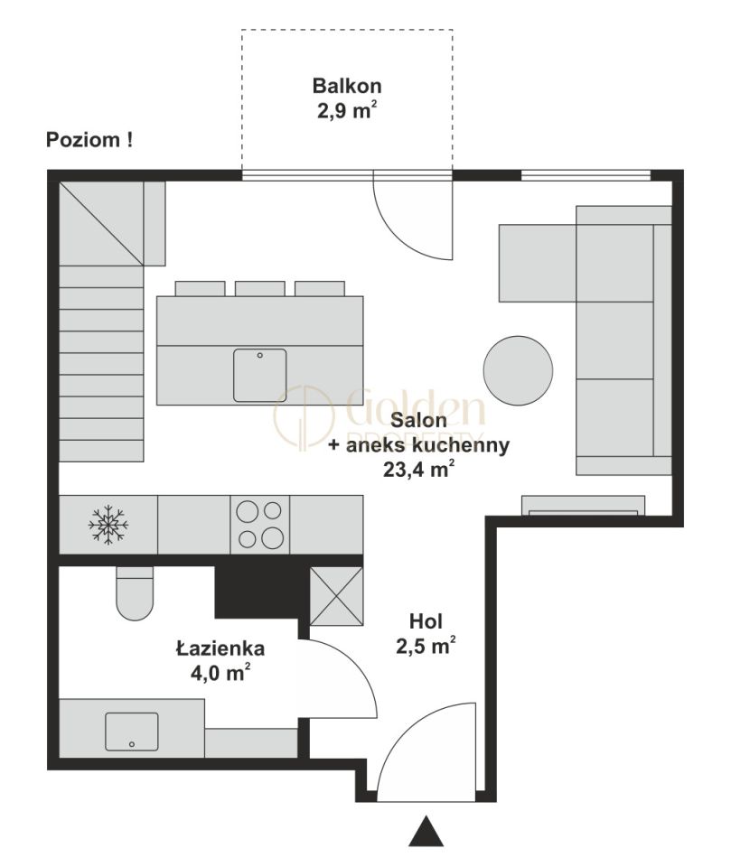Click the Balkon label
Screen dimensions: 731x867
point(347,87)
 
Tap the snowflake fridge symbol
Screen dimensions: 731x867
point(108,524)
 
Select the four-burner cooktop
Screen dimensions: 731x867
point(260,525)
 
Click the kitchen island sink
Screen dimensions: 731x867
point(260,375)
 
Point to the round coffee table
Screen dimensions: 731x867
point(518,370)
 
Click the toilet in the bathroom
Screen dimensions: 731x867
point(135,593)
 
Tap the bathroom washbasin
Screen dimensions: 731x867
point(132,731)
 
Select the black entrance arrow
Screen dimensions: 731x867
point(426,831)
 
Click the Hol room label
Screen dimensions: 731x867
point(426,621)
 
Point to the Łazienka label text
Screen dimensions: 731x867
point(220,648)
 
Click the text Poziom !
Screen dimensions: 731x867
point(89,140)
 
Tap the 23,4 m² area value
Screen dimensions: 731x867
point(419,470)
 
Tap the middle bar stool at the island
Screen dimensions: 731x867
point(260,289)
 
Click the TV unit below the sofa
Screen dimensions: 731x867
point(583,506)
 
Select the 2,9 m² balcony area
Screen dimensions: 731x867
point(347,110)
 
